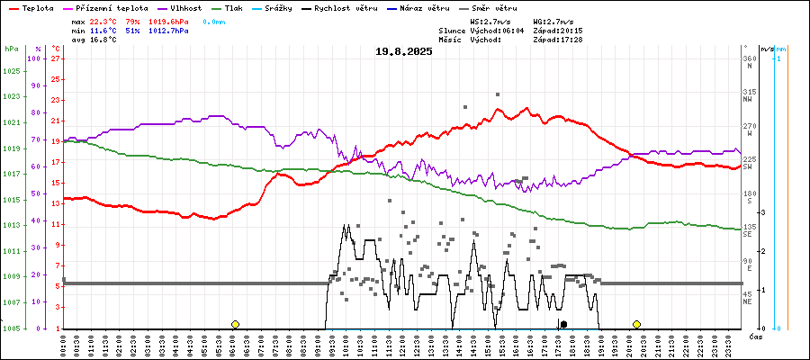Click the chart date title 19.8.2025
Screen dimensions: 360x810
point(404,51)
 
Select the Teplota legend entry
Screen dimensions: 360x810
point(37,8)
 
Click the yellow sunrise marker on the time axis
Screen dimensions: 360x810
point(235,324)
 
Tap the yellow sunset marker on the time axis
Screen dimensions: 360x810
point(636,324)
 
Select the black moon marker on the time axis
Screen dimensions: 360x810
point(563,324)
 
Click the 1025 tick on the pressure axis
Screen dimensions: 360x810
point(11,70)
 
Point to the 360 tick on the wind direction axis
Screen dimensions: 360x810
point(748,58)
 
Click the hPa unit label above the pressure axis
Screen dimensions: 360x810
point(11,48)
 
